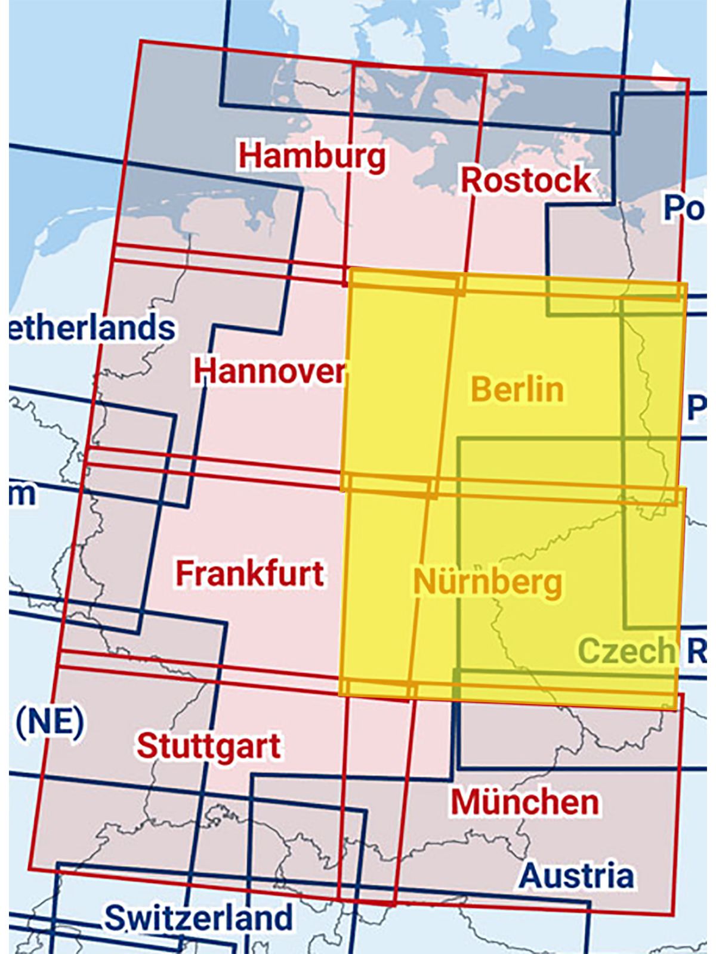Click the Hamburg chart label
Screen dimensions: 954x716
[312, 156]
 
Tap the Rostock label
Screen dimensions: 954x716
[526, 180]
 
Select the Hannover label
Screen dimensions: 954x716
[269, 371]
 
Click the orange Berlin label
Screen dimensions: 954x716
[517, 389]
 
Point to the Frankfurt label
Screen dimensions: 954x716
[249, 573]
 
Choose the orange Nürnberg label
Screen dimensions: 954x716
[487, 582]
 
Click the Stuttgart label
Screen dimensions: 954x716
[208, 746]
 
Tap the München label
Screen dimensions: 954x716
[524, 802]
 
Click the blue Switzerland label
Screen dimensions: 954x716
[199, 918]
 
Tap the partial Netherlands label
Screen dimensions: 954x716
[92, 328]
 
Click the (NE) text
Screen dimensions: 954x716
[50, 721]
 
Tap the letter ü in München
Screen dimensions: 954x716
[495, 802]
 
